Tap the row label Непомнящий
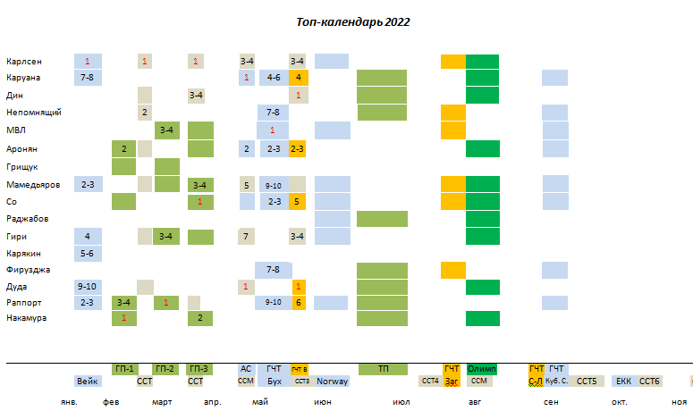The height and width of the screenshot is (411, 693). click(32, 113)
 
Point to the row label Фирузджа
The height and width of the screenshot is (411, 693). click(28, 270)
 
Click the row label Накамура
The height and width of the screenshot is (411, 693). click(26, 318)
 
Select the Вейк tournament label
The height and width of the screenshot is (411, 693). click(88, 382)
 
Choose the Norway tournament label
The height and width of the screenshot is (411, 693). click(332, 382)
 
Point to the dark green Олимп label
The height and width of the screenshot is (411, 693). click(482, 369)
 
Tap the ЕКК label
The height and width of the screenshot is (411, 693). click(623, 382)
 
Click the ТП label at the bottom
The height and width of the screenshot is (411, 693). click(383, 369)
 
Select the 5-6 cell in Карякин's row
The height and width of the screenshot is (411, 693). click(88, 254)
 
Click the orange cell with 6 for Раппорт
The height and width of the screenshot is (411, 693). click(299, 302)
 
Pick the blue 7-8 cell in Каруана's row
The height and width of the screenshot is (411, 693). click(88, 78)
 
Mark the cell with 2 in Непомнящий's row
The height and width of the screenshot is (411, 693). click(144, 113)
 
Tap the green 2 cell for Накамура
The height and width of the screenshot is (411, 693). click(200, 318)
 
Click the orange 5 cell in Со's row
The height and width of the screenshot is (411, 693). click(299, 202)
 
